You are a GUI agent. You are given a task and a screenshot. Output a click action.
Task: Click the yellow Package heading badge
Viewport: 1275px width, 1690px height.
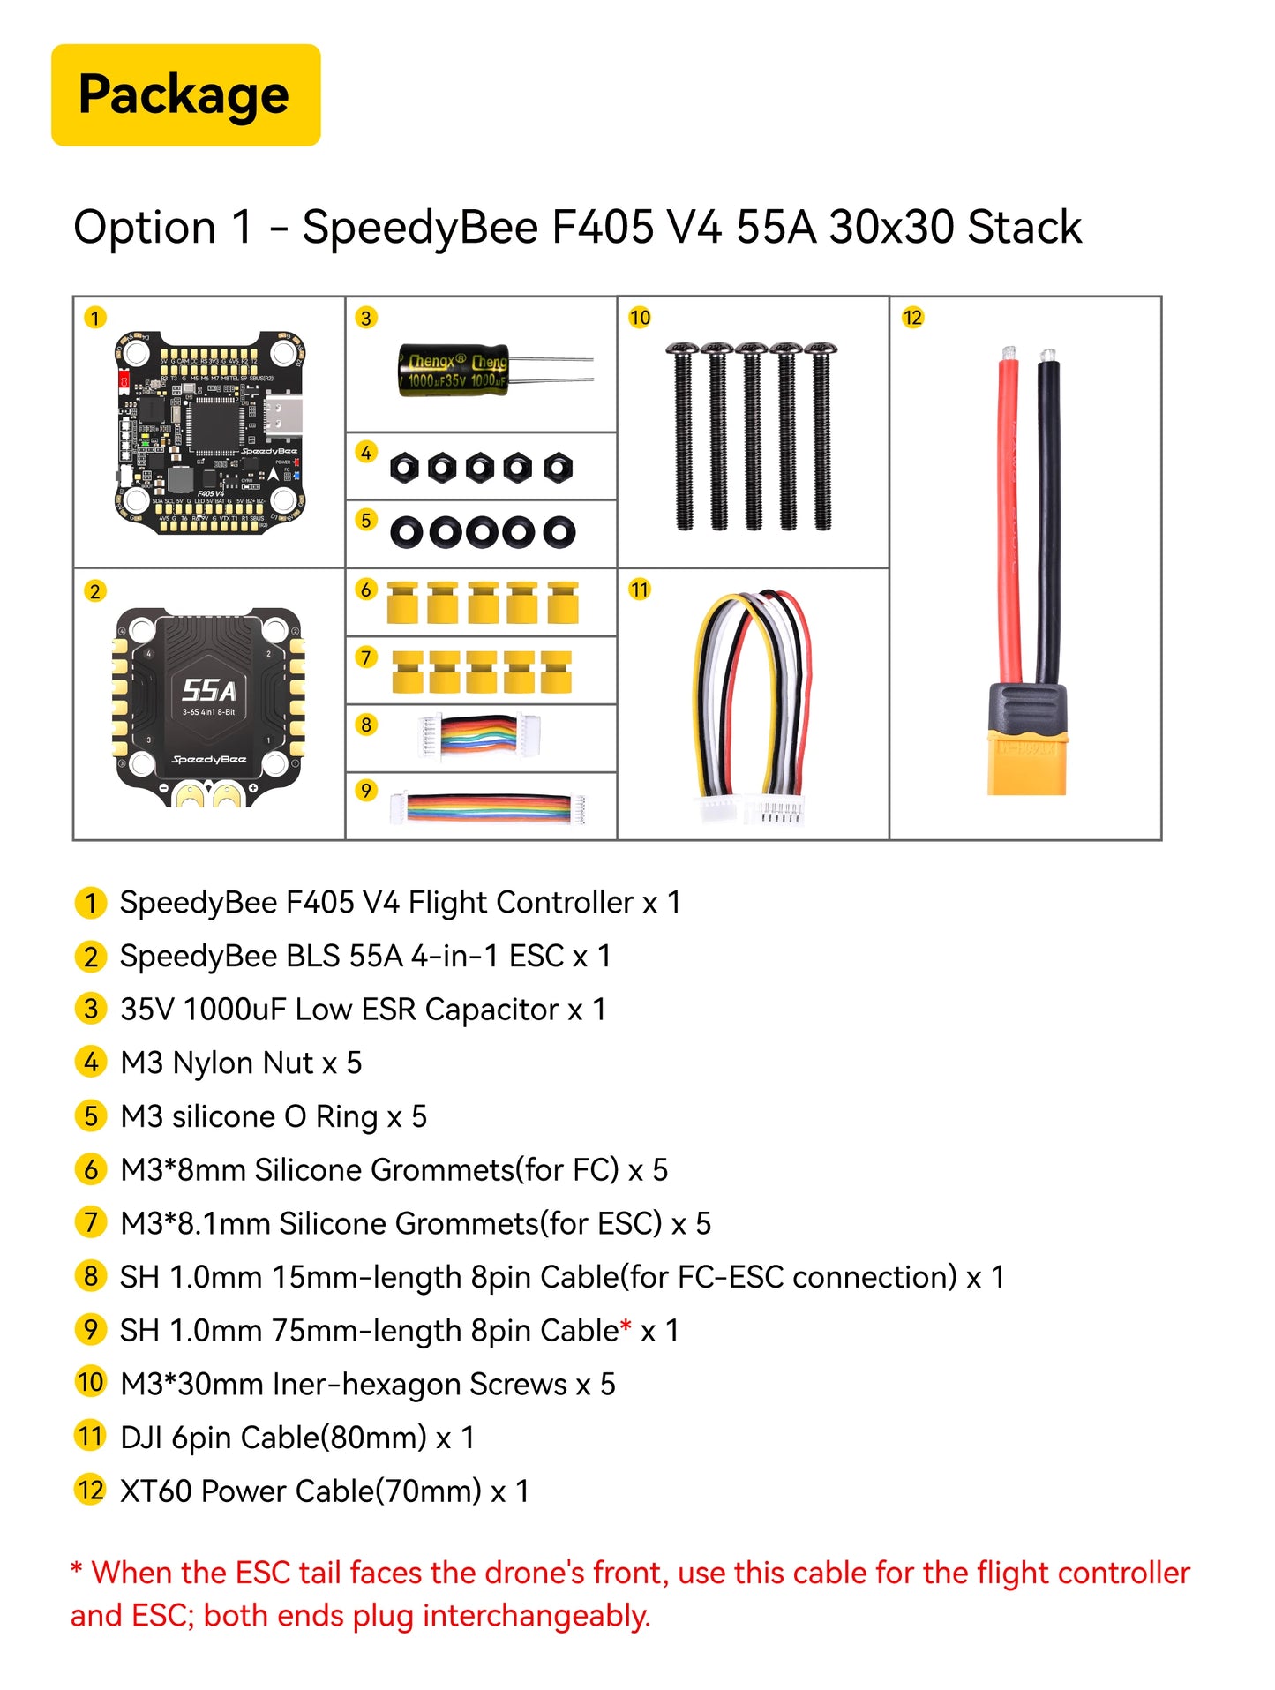[x=185, y=94]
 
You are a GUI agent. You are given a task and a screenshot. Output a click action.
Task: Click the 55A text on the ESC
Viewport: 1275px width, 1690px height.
[x=209, y=690]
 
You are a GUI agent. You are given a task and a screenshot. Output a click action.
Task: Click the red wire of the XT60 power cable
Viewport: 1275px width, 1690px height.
[x=1008, y=521]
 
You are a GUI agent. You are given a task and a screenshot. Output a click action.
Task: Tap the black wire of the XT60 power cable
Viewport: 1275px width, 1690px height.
[x=1048, y=521]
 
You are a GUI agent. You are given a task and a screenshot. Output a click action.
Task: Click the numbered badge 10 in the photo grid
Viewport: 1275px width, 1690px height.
[x=640, y=318]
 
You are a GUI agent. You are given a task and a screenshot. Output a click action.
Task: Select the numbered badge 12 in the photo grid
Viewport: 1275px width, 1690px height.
[x=912, y=318]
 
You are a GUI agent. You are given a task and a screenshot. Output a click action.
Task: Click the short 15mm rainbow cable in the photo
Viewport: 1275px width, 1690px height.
[x=477, y=736]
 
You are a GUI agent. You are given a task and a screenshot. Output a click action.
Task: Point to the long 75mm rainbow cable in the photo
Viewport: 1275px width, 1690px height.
[x=488, y=807]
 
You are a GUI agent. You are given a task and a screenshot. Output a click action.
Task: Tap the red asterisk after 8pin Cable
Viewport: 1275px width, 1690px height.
[x=626, y=1326]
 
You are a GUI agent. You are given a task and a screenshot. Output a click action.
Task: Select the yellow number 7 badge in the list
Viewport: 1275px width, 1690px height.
[x=91, y=1223]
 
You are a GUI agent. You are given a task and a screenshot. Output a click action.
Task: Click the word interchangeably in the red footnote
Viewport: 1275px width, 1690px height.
[x=536, y=1616]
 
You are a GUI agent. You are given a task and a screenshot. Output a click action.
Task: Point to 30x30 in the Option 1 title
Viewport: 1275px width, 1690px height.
[x=892, y=228]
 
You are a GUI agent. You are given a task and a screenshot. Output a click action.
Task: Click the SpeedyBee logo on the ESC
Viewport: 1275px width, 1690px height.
[x=209, y=759]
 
